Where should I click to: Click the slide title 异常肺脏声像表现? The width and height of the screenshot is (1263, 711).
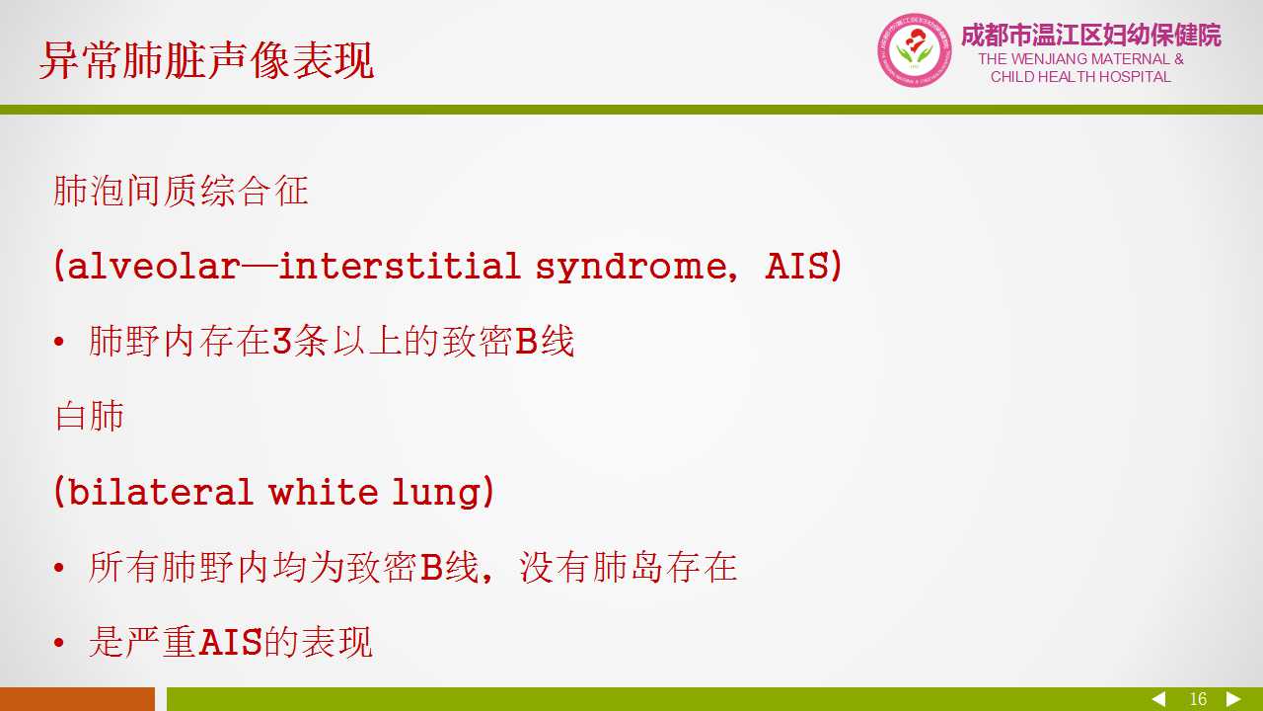[206, 60]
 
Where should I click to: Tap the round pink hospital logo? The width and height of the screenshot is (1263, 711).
[915, 50]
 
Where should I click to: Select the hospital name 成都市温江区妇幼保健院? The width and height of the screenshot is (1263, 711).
[1091, 35]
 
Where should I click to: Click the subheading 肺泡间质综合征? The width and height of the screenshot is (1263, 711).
[181, 191]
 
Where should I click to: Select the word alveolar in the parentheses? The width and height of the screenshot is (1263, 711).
[154, 266]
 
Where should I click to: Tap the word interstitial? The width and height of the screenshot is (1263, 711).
[400, 266]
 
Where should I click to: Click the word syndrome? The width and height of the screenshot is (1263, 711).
[631, 268]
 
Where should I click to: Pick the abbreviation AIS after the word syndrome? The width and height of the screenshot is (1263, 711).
[796, 266]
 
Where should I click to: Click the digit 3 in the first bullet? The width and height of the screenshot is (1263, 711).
[282, 341]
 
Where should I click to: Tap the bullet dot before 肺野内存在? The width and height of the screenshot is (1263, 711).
[59, 341]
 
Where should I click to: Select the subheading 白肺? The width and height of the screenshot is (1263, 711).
[89, 416]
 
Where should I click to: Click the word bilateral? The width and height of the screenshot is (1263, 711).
[160, 492]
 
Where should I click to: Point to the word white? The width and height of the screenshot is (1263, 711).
[323, 492]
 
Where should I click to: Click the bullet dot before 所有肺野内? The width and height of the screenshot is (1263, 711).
[59, 567]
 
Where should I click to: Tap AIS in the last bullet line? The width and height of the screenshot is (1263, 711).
[231, 642]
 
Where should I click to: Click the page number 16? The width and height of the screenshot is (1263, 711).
[1198, 699]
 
